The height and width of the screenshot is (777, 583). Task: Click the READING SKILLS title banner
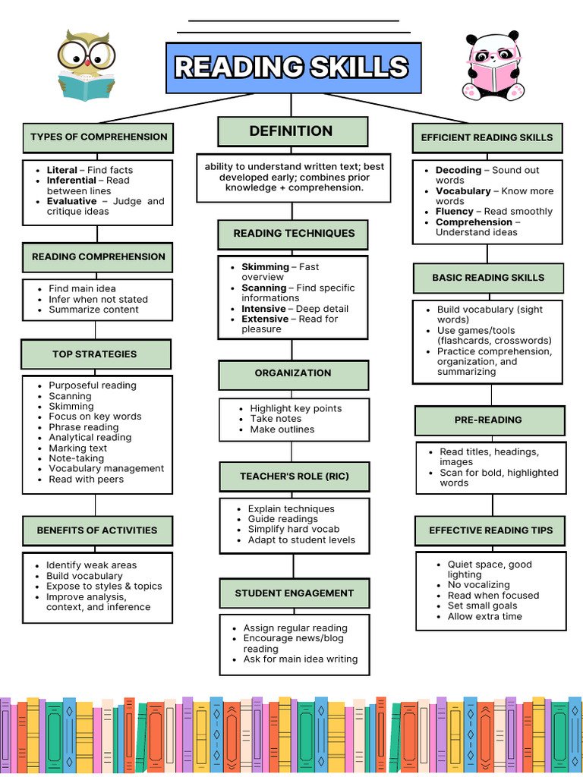(x=293, y=68)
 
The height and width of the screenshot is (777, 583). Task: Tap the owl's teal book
(x=86, y=87)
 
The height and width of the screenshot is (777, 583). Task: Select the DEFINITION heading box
(x=292, y=131)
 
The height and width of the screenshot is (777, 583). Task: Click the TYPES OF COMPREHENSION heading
(x=98, y=137)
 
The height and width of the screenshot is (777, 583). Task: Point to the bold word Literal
(x=62, y=170)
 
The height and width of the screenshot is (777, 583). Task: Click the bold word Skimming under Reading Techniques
(x=265, y=267)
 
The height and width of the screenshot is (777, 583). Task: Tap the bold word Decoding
(x=459, y=170)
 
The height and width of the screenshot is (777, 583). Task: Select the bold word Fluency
(x=455, y=212)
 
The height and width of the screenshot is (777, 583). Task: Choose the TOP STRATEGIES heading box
(x=95, y=354)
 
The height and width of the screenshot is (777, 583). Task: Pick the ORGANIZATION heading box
(x=293, y=373)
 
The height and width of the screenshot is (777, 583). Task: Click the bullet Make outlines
(x=282, y=429)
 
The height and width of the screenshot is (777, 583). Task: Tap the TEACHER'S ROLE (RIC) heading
(x=294, y=477)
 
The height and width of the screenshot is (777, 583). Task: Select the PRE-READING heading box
(x=488, y=420)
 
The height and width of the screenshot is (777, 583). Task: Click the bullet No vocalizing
(x=478, y=585)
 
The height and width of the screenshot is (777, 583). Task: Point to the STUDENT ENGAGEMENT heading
(x=294, y=593)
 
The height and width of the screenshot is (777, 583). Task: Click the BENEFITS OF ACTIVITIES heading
(x=97, y=530)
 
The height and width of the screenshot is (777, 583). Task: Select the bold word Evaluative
(x=71, y=201)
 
